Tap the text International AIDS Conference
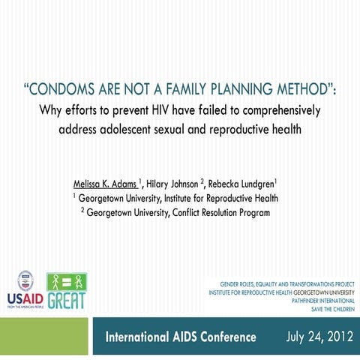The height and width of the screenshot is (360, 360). click(x=181, y=337)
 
